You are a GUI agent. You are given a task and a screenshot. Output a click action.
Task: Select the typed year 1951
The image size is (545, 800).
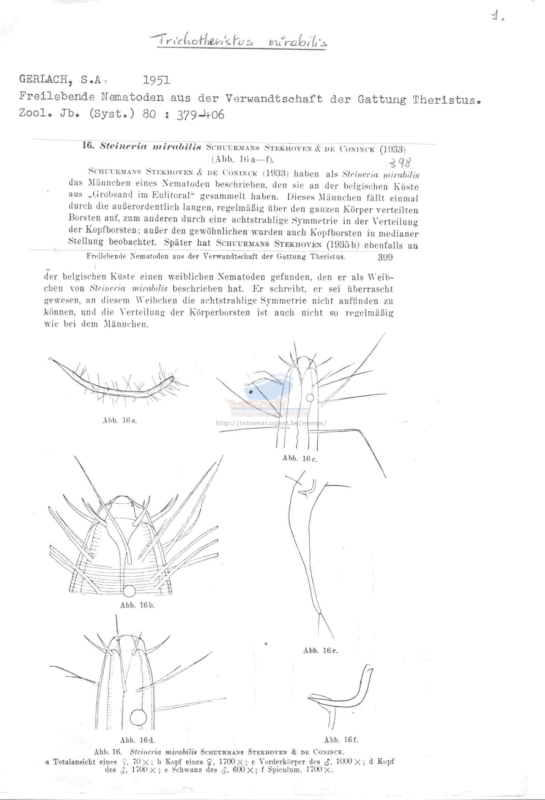tap(156, 80)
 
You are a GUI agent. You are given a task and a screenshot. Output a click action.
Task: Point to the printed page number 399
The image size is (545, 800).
tap(385, 257)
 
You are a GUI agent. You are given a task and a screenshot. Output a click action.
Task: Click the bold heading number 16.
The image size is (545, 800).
tap(88, 145)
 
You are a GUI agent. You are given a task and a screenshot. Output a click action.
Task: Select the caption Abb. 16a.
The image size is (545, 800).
tap(120, 420)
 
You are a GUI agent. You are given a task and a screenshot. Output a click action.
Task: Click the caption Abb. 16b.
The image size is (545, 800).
tap(137, 605)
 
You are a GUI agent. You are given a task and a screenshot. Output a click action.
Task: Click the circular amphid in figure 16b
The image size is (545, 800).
tap(130, 591)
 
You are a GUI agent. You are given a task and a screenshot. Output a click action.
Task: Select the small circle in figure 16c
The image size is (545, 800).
tap(310, 398)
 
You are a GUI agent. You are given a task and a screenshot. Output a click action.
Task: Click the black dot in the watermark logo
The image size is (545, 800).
tap(251, 392)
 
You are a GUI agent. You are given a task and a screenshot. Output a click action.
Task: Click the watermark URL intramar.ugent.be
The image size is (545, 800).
tap(271, 423)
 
